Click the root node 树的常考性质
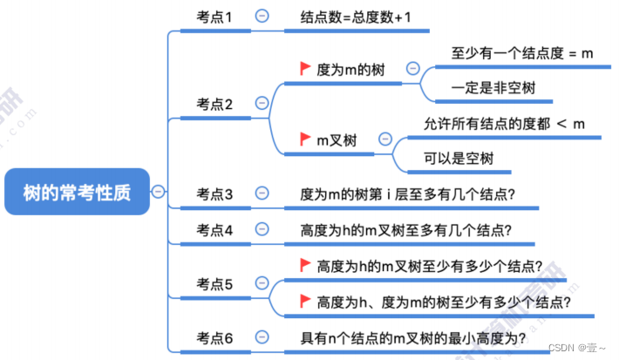77,193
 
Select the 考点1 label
215,17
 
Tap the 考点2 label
215,105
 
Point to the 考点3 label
215,194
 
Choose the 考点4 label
215,230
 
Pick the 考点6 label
215,337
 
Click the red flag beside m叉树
305,139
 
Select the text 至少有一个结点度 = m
522,53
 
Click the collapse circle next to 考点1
262,16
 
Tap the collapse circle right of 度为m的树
412,68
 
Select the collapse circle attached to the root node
158,193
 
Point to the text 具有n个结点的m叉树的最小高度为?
412,337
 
